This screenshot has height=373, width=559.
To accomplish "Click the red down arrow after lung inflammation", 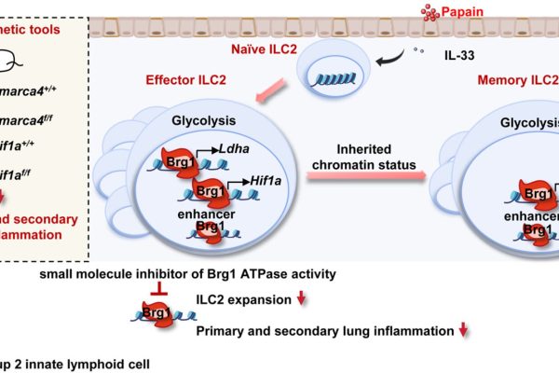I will [x=463, y=331].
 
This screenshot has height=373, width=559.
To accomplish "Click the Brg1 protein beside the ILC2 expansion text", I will [x=149, y=315].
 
